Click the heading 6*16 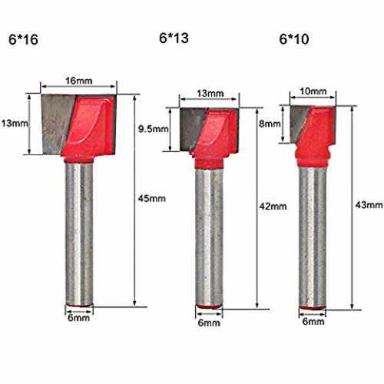click(23, 39)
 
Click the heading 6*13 click(174, 38)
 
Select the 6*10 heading click(294, 39)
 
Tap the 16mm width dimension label click(79, 81)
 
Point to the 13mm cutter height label click(15, 124)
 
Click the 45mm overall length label click(152, 198)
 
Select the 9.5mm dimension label click(154, 129)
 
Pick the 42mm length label click(273, 207)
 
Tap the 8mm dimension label click(270, 124)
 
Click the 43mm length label click(369, 205)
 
